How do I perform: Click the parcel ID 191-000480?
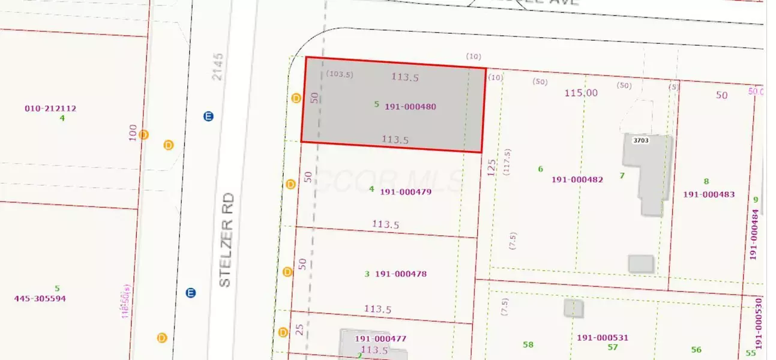tap(411, 107)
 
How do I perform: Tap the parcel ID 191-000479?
tap(406, 192)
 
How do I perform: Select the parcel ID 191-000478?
tap(401, 274)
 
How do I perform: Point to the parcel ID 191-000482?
tap(577, 179)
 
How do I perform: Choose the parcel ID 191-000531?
tap(603, 338)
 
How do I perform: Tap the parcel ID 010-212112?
tap(50, 109)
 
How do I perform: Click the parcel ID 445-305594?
tap(41, 299)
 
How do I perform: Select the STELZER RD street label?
tap(225, 240)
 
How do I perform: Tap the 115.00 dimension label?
tap(581, 93)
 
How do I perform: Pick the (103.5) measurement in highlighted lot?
tap(340, 74)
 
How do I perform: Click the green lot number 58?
tap(528, 345)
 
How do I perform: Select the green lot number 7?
tap(622, 175)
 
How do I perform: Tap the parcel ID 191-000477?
tap(380, 339)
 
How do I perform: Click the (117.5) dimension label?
tap(508, 161)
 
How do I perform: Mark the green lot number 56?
tap(696, 350)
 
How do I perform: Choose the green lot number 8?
tap(706, 181)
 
